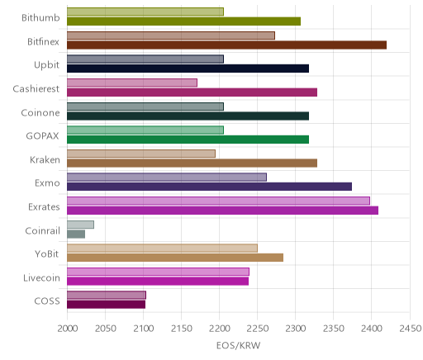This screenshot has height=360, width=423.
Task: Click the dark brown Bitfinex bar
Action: [x=226, y=45]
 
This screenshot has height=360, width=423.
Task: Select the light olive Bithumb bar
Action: [x=145, y=12]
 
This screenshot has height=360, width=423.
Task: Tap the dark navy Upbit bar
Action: [x=188, y=69]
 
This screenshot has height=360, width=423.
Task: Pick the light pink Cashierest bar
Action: [x=132, y=83]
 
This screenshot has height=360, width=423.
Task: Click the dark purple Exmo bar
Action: [x=209, y=187]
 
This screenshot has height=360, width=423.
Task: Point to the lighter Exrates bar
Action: [x=218, y=201]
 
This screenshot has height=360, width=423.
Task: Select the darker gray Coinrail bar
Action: [x=76, y=234]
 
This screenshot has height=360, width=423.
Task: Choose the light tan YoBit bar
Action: [x=162, y=249]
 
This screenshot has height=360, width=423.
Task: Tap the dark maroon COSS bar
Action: [x=106, y=305]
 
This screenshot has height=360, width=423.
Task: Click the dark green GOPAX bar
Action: [x=188, y=140]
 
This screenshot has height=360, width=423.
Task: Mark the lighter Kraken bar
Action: [x=141, y=154]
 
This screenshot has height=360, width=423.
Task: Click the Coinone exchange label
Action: [x=40, y=112]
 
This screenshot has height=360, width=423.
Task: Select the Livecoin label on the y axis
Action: [x=41, y=277]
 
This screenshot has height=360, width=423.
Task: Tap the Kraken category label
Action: [x=45, y=159]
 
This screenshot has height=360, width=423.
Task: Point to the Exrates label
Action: [x=44, y=206]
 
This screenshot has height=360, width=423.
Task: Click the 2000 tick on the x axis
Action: [x=67, y=329]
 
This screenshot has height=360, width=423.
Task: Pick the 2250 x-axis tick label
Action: [x=258, y=329]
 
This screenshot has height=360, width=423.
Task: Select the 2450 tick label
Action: [x=411, y=329]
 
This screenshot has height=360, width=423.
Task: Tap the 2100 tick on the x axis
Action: [x=143, y=329]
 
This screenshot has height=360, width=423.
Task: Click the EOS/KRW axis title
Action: [x=238, y=345]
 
